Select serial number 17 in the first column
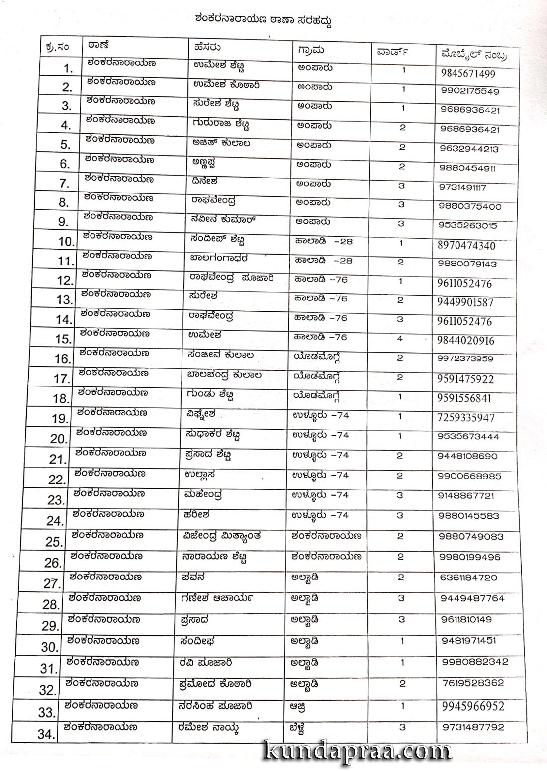click(62, 379)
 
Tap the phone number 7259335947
click(465, 417)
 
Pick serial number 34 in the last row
click(46, 733)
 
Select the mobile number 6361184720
click(468, 578)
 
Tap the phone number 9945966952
click(472, 706)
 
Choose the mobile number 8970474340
click(466, 245)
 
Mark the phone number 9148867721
click(466, 496)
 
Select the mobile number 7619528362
click(472, 683)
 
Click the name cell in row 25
click(221, 536)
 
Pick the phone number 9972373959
click(465, 358)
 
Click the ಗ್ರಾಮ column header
click(311, 49)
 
